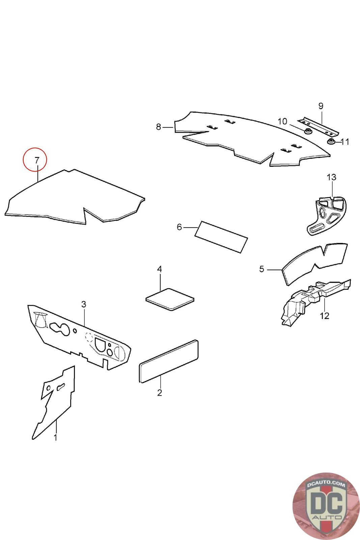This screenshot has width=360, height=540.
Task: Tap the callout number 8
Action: tap(159, 127)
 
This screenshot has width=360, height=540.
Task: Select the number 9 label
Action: tap(321, 106)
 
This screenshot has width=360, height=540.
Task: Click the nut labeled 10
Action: tap(308, 131)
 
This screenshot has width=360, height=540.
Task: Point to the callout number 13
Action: tap(331, 177)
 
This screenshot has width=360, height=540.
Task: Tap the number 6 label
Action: tap(179, 227)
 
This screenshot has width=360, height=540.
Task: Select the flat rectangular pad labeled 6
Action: tap(221, 236)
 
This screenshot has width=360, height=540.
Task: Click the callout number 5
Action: tap(261, 269)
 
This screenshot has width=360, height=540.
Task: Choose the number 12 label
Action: tap(324, 316)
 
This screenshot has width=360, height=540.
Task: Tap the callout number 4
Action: tap(160, 269)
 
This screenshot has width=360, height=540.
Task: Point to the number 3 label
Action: tap(84, 304)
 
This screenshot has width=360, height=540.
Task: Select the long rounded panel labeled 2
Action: tap(169, 361)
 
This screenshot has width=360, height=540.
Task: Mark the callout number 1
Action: tap(55, 438)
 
